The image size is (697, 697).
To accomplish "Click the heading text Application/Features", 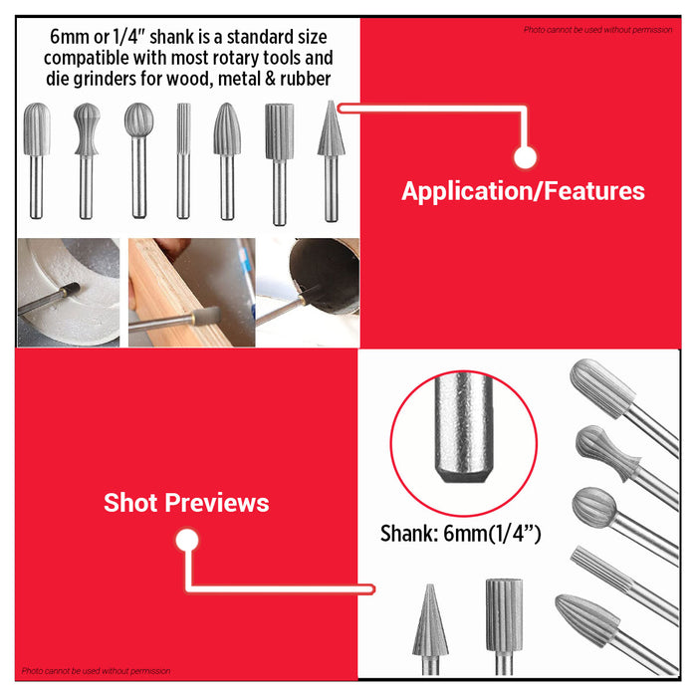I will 523,191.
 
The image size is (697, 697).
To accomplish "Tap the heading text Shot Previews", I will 186,503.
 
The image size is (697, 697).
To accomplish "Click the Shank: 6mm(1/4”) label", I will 460,534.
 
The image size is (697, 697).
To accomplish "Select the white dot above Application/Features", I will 526,157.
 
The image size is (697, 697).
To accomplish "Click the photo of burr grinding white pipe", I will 68,292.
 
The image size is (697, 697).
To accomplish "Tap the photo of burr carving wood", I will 190,292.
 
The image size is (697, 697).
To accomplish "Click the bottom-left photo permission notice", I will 96,671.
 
